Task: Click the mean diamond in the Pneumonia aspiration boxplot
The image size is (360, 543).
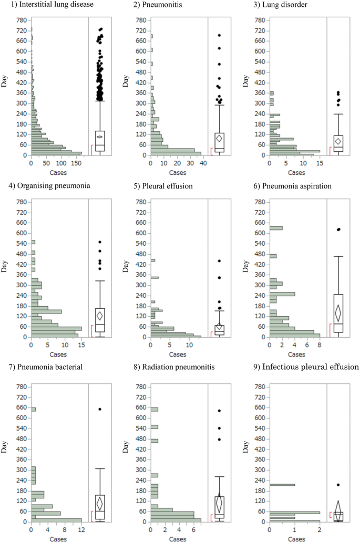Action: coord(338,313)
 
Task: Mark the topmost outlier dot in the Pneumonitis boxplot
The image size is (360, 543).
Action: coord(219,36)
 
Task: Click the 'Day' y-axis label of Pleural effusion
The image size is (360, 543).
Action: coord(126,268)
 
